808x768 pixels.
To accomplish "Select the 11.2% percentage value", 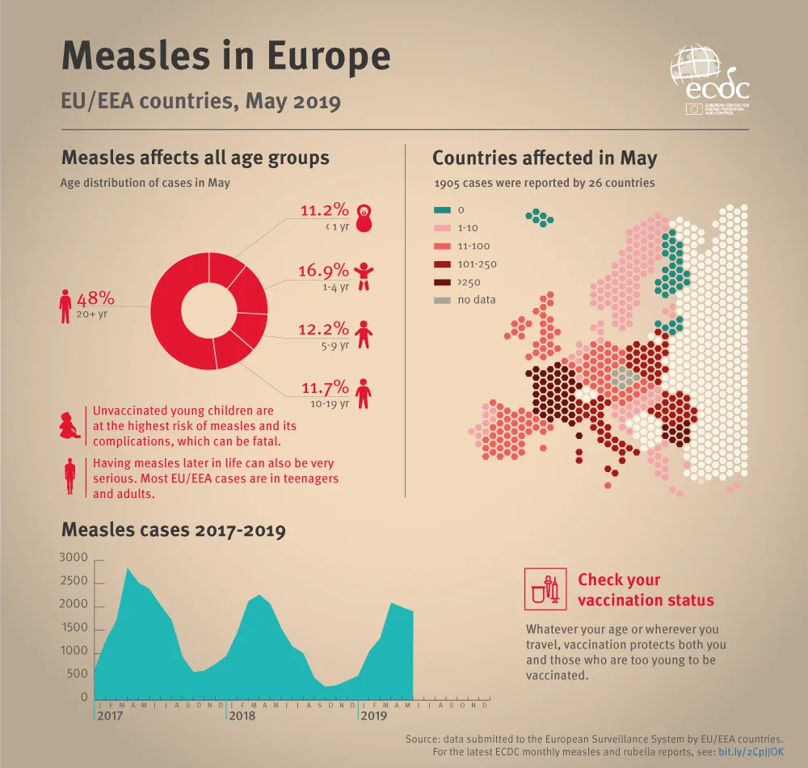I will (325, 211).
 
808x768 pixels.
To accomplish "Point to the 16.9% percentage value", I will (325, 270).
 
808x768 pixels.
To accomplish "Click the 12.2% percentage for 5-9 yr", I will (325, 329).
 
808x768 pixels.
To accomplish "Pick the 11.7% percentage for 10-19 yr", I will (325, 387).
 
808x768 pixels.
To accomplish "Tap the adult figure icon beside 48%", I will (65, 306).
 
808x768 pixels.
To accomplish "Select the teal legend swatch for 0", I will (443, 210).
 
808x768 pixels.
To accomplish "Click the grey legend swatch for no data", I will (443, 300).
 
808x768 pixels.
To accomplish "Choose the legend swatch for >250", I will (443, 282).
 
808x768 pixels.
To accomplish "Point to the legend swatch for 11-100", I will (443, 246).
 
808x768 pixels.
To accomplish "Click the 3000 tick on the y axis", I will (74, 559).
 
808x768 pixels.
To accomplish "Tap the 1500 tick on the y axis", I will (74, 628).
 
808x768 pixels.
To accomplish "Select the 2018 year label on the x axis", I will (242, 716).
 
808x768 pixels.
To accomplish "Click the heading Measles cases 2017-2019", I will (173, 531).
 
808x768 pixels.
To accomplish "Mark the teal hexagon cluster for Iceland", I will (539, 216).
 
